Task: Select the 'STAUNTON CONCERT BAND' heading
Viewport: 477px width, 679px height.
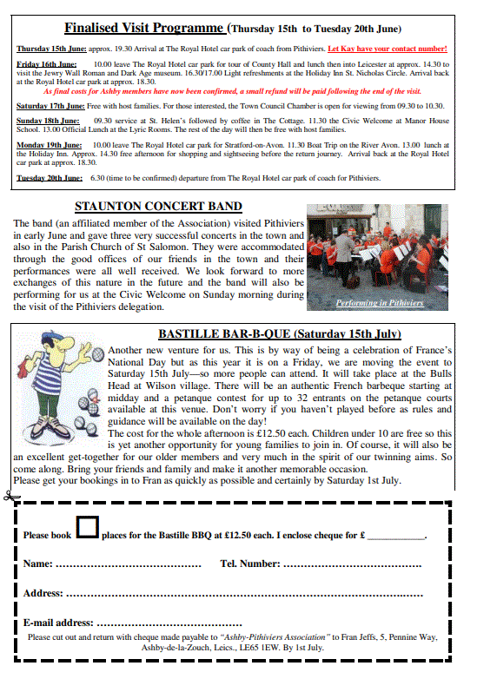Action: (x=158, y=207)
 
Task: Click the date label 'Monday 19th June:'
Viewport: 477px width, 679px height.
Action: (x=47, y=144)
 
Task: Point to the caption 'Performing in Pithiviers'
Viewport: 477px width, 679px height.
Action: (x=380, y=303)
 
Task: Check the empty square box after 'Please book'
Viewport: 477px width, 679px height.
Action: (x=87, y=527)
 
